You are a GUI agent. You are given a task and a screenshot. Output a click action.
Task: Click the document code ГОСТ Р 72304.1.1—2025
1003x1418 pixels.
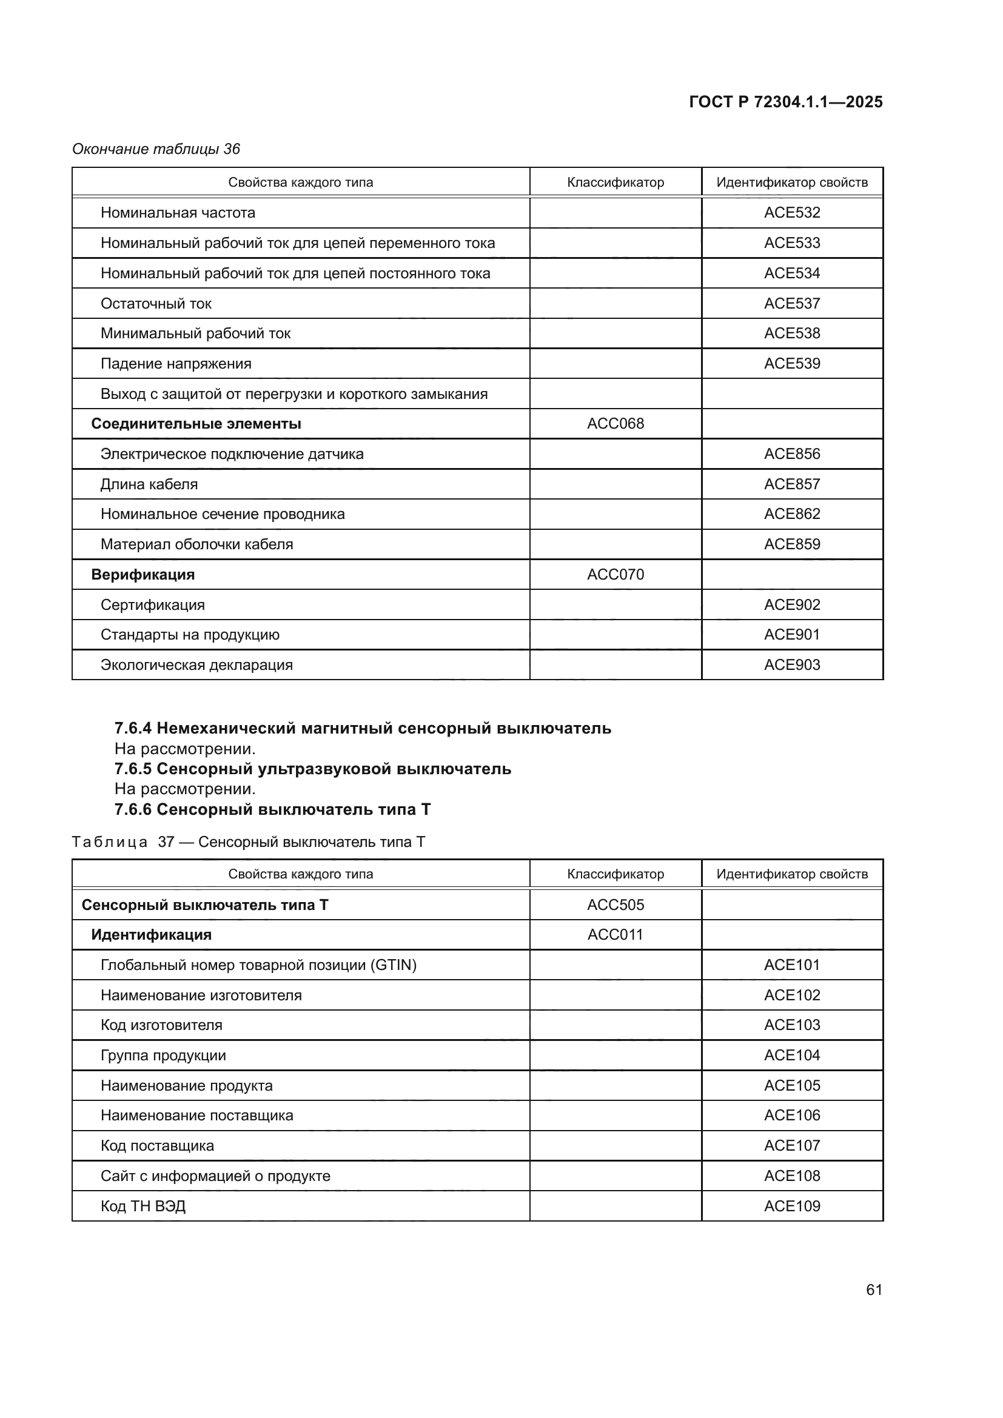[x=785, y=102]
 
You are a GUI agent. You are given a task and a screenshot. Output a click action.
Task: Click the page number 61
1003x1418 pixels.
[x=874, y=1289]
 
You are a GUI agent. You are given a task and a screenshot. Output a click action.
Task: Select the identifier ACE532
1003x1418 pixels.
[x=792, y=212]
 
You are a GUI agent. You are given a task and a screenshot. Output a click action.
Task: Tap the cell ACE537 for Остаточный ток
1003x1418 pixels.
[x=792, y=303]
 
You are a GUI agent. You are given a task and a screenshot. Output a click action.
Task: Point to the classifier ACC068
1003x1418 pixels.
[x=615, y=424]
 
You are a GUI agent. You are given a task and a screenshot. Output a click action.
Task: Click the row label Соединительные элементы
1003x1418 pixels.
[x=196, y=424]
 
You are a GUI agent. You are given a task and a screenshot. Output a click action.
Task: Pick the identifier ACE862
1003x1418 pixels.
[x=792, y=514]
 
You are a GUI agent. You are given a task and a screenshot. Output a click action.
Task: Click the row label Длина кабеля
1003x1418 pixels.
[x=149, y=484]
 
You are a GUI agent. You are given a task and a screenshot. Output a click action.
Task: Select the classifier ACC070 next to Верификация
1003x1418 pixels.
[x=615, y=574]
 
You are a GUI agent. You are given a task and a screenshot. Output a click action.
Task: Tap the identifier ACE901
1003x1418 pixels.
[x=792, y=634]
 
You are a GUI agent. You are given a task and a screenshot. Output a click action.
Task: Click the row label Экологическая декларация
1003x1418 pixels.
[x=196, y=665]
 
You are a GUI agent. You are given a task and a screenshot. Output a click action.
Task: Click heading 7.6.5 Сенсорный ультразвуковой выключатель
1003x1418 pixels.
[x=312, y=769]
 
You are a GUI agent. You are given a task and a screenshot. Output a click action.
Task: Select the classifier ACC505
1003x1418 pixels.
[x=615, y=905]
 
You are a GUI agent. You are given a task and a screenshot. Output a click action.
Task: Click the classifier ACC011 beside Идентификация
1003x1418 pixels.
[x=615, y=934]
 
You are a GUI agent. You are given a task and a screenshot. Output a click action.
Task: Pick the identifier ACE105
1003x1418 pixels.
[x=792, y=1085]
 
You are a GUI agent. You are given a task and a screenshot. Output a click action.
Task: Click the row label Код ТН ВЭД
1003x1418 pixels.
[x=143, y=1206]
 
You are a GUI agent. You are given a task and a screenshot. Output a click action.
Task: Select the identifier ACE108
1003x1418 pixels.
[x=792, y=1176]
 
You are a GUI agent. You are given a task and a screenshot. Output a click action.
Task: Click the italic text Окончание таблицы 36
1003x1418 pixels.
[x=156, y=149]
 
